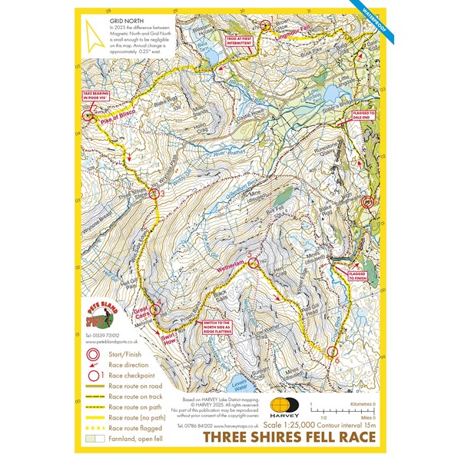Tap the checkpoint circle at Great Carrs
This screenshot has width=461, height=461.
[154, 310]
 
